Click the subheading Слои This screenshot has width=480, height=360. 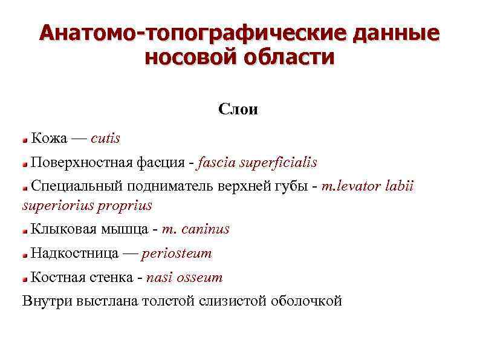238,110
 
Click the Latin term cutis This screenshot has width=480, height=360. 106,139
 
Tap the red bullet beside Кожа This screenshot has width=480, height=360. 25,140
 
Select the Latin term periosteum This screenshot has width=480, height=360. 177,254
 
